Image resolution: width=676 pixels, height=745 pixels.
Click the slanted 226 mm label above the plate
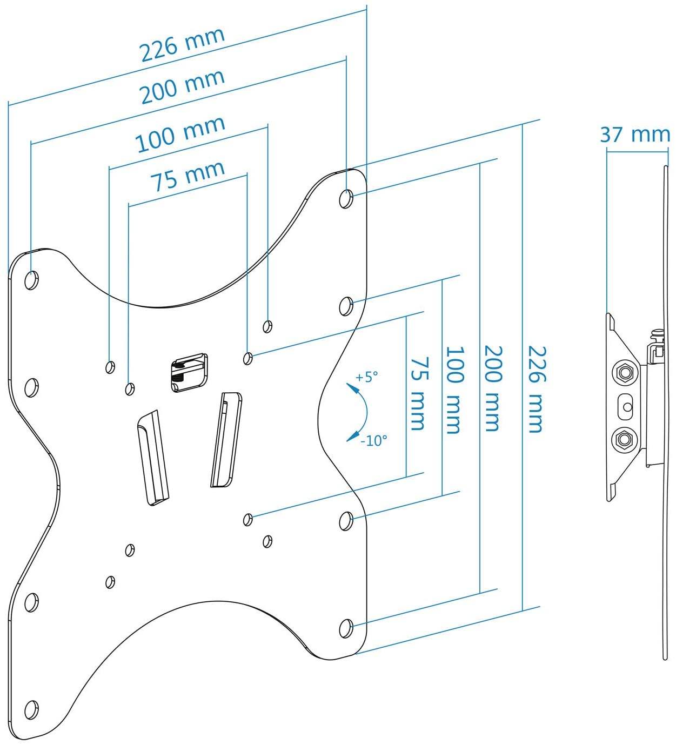(182, 45)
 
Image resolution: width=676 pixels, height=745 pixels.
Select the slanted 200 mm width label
(182, 87)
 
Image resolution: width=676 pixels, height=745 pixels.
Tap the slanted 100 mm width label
(180, 135)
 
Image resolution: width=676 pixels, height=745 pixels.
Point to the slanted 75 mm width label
(188, 176)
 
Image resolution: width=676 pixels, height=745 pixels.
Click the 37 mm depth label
(635, 135)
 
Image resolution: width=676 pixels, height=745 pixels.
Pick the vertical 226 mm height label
(537, 389)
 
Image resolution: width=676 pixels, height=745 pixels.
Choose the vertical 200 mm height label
(493, 388)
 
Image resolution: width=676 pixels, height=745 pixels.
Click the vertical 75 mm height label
(420, 394)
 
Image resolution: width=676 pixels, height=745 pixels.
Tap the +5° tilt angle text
(367, 377)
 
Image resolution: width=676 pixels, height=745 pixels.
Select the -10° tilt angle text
(374, 441)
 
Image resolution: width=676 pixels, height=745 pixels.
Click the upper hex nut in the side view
(625, 372)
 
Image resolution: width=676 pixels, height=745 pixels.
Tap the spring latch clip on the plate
(189, 373)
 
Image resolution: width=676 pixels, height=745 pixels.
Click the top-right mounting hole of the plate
(346, 199)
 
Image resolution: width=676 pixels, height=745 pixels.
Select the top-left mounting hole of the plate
(31, 280)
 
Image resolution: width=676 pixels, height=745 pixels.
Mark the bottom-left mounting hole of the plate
(31, 710)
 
